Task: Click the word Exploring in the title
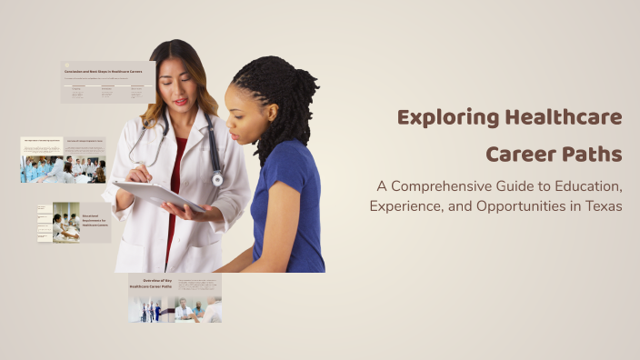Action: coord(441,118)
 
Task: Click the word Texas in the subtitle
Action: coord(602,206)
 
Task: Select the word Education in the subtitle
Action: coord(580,186)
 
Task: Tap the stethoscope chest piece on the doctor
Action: coord(217,179)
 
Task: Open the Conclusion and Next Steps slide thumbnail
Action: coord(107,82)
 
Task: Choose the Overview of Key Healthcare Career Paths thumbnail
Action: coord(175,298)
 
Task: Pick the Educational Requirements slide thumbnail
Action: coord(74,223)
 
